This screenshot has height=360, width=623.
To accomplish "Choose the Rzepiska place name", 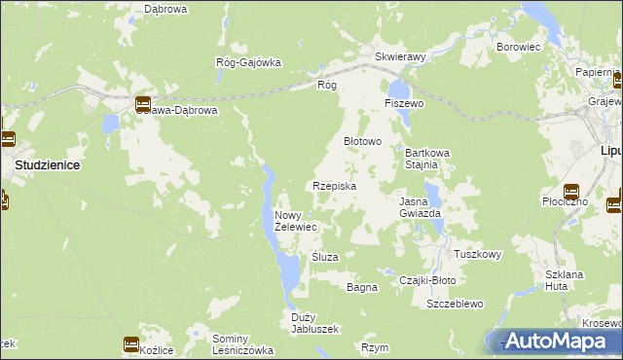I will coord(334,186).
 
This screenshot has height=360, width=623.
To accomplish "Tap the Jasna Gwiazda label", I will coord(421,206).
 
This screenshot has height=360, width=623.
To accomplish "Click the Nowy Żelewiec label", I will coord(296,221).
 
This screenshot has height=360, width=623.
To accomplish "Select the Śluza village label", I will coord(323,257).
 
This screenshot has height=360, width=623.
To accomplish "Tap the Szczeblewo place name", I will coord(455,304).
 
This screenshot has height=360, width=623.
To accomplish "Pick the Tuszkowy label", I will coord(477,255).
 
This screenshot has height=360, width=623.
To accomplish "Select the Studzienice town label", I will coord(47,165).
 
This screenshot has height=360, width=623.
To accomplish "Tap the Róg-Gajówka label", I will coord(248,62).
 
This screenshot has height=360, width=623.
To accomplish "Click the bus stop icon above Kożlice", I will coord(131,343).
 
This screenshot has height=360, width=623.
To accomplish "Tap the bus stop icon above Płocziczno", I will coord(571,192).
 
